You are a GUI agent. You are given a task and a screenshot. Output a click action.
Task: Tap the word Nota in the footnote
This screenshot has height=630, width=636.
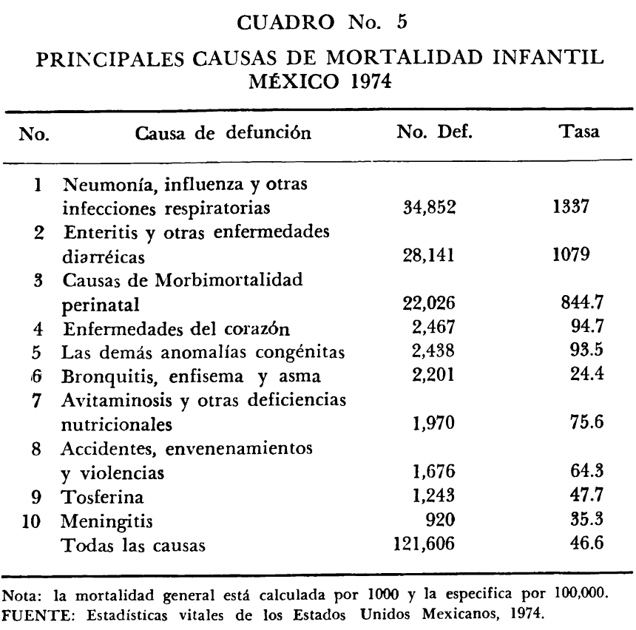coord(18,593)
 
